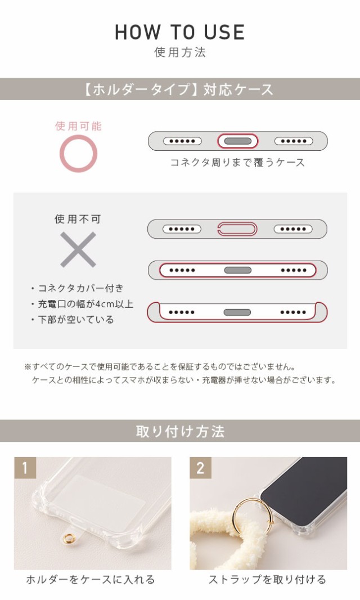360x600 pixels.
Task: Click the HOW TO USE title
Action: point(179,32)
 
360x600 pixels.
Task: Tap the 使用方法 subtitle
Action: point(180,53)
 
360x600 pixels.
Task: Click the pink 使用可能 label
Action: point(78,126)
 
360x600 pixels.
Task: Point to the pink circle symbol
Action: point(78,154)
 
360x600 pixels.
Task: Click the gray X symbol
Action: point(78,249)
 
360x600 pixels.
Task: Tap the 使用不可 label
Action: point(78,219)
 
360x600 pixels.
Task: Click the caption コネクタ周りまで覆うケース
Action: point(237,163)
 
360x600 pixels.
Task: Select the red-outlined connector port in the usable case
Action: point(237,141)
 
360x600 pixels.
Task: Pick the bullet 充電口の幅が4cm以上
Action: point(82,304)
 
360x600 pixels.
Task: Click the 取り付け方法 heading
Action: point(180,432)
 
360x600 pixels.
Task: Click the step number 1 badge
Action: point(25,468)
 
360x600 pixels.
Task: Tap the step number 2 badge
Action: point(200,468)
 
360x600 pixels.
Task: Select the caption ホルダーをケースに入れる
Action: point(91,580)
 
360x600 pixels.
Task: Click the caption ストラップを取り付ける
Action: point(267,580)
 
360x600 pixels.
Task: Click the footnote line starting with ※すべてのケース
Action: point(159,366)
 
